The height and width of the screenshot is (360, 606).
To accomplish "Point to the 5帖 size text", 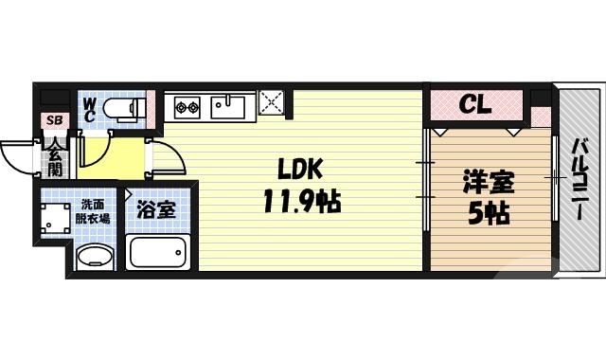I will point(488,213).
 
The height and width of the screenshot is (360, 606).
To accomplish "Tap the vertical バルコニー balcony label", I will point(579,181).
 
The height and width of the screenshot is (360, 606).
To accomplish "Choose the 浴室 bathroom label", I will point(156,210).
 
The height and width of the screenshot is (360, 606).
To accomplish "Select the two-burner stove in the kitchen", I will point(185,106).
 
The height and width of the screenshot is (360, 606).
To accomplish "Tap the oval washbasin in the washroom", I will point(94,256).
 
